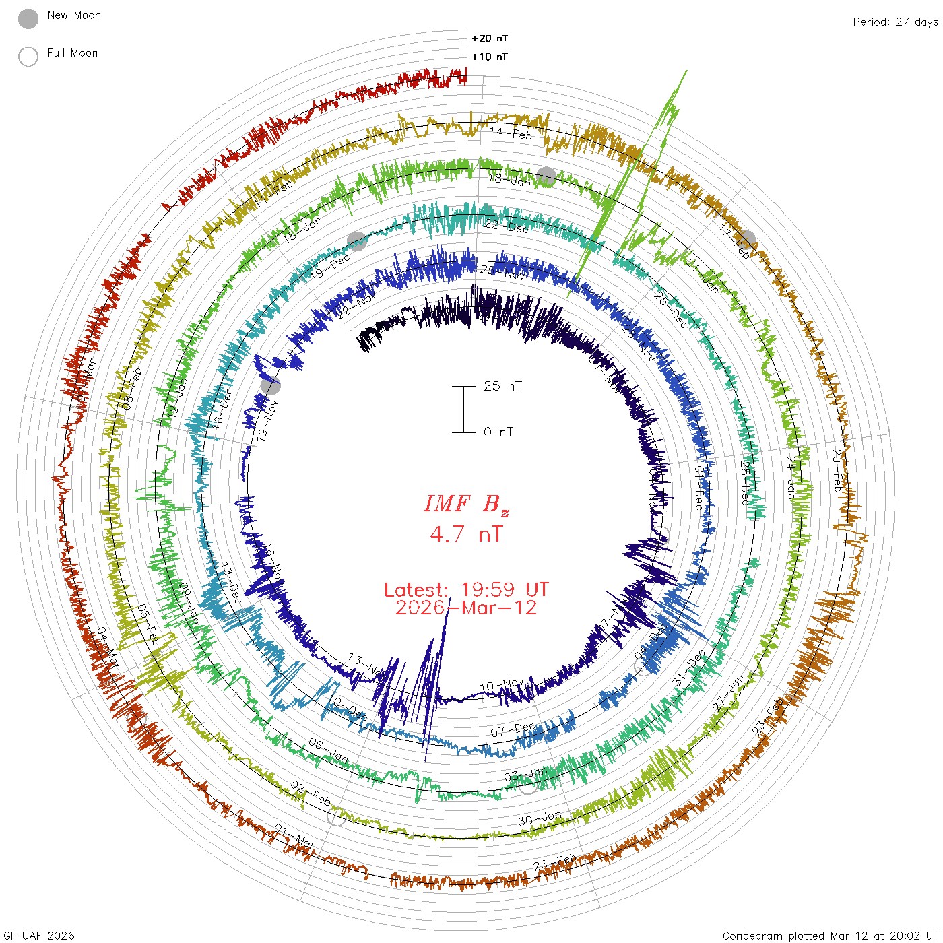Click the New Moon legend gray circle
(28, 20)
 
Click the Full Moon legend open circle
(28, 57)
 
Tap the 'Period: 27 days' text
(895, 22)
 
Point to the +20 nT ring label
(490, 38)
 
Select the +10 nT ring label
(490, 57)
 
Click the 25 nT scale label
(502, 386)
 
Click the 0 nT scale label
(498, 432)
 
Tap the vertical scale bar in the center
(463, 410)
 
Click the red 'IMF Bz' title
(466, 504)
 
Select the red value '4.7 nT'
(466, 534)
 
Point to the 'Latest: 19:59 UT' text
(466, 590)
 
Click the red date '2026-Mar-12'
(466, 608)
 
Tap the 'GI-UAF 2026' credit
(39, 936)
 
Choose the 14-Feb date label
(511, 133)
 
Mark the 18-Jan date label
(510, 179)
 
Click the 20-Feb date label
(837, 469)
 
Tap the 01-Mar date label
(294, 837)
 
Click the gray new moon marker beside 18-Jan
(546, 177)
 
